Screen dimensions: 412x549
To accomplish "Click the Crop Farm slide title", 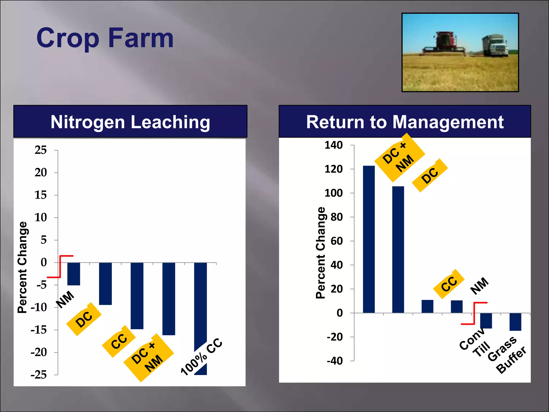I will click(x=105, y=38).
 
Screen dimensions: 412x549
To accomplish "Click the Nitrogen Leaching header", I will click(x=130, y=122).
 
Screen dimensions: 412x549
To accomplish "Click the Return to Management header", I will click(x=405, y=122).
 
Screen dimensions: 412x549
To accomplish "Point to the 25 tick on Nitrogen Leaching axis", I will click(x=41, y=150).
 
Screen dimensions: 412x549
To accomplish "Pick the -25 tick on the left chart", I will click(x=39, y=375).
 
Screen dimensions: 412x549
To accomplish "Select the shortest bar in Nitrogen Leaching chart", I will click(x=74, y=274).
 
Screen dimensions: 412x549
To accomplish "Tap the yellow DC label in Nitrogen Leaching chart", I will click(x=84, y=319).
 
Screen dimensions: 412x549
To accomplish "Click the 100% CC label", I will click(x=202, y=357).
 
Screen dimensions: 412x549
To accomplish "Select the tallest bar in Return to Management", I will click(x=369, y=239).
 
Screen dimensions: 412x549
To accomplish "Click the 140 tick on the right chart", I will click(x=334, y=145).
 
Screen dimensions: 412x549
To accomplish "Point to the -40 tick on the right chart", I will click(x=335, y=361).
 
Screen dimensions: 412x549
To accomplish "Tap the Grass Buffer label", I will click(x=507, y=355).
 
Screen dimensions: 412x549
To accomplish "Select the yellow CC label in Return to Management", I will click(x=449, y=284).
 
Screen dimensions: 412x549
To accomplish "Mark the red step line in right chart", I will click(x=474, y=313).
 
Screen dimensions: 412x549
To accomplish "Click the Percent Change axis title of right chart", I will click(x=321, y=253).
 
